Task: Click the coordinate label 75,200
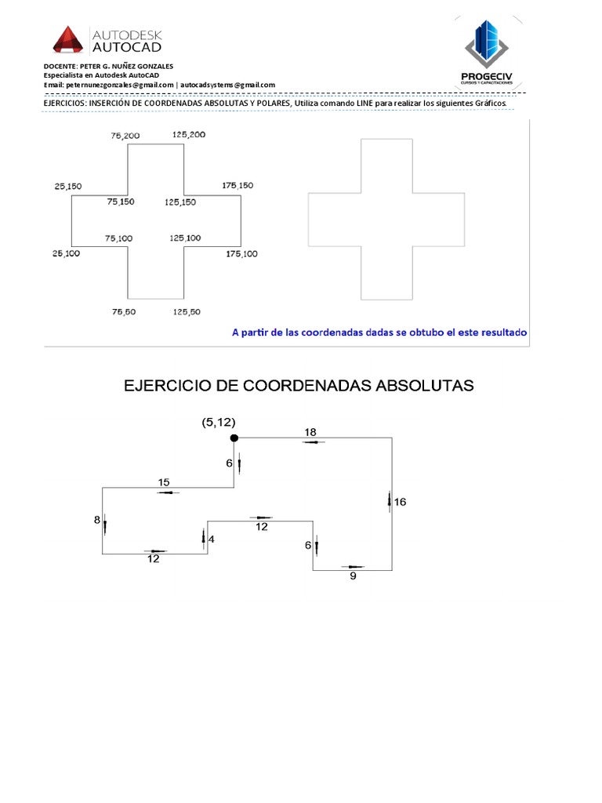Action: click(125, 136)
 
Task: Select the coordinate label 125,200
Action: click(188, 135)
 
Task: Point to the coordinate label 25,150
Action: click(67, 187)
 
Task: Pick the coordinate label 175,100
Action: click(241, 254)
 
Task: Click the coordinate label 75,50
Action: click(124, 312)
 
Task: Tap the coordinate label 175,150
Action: click(238, 186)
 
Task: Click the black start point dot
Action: click(234, 438)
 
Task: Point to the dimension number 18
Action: click(310, 432)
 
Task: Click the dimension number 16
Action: click(400, 502)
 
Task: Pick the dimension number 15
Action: click(164, 482)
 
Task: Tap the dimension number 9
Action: click(353, 576)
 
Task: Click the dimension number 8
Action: click(97, 520)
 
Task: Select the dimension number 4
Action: click(211, 540)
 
